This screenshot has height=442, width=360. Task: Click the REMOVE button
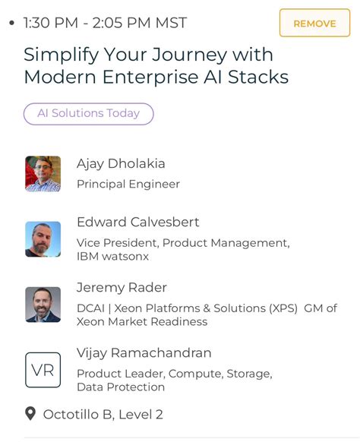coord(314,23)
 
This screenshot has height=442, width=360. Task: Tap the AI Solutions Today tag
coord(89,114)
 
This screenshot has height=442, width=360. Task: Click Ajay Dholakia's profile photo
coord(43,174)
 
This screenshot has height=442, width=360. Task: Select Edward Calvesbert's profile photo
coord(43,239)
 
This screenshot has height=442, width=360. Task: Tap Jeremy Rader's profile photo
coord(43,305)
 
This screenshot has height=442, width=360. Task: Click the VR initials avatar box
coord(43,370)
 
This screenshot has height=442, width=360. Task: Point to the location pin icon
coord(30,414)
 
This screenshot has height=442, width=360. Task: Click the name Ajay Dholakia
coord(121,163)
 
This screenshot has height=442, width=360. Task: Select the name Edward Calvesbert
coord(137,222)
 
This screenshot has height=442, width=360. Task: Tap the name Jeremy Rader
coord(122,287)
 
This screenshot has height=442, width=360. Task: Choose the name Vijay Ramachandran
coord(144,352)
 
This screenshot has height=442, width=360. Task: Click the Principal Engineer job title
coord(128,184)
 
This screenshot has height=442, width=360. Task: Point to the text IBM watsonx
coord(112,257)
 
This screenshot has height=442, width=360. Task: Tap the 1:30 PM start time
coord(50,23)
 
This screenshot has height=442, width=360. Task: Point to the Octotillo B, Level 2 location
coord(103,415)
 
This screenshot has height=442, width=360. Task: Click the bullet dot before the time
coord(11,23)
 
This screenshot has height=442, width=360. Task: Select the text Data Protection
coord(120,387)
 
